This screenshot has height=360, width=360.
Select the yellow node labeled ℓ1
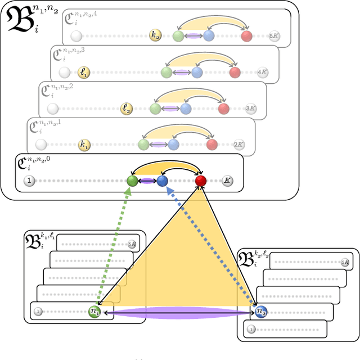coord(84,73)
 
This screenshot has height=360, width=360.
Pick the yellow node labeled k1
coord(84,145)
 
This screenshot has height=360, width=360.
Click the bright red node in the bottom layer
coord(201,181)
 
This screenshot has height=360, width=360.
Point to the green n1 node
coord(94,310)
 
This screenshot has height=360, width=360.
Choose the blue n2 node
coord(260,311)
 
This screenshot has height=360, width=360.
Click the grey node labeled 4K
coord(262,73)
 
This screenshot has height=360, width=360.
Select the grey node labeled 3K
coord(251,109)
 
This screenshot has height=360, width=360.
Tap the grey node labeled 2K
coord(239,145)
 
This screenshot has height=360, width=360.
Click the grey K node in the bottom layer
coord(227,181)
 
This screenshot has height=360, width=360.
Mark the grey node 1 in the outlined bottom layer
coord(29,181)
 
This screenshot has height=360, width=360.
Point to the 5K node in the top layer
coord(274,37)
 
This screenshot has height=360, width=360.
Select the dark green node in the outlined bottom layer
coord(132,181)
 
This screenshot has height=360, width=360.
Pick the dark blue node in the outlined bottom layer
coord(163,181)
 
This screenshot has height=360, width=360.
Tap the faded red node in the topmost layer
coord(246,37)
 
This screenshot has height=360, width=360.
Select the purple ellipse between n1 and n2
coord(177,315)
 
